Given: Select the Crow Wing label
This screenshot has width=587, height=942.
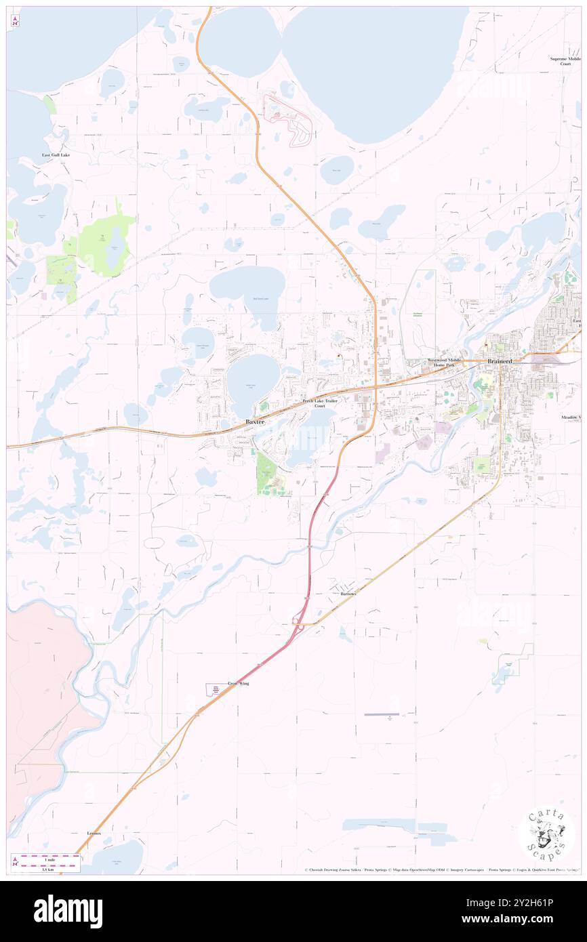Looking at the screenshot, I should [x=239, y=684].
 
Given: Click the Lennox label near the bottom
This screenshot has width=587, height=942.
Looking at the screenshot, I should [x=94, y=833].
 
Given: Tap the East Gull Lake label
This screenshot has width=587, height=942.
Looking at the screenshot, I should [x=56, y=155].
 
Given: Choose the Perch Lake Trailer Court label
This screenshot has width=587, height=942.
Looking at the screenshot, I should [x=320, y=403].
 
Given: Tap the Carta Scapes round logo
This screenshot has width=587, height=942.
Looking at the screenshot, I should [x=546, y=836].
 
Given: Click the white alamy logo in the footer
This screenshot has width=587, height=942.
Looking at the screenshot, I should [x=68, y=911].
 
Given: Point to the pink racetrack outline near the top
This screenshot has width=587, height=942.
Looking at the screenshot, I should [x=287, y=119].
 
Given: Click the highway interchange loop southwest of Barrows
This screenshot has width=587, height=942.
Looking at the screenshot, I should [x=297, y=619].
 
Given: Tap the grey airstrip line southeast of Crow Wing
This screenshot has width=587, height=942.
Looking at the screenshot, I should [x=381, y=714].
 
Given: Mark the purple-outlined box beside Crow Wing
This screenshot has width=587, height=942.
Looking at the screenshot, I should [x=213, y=689].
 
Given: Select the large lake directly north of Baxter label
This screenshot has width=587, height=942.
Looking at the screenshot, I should [x=253, y=383].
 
